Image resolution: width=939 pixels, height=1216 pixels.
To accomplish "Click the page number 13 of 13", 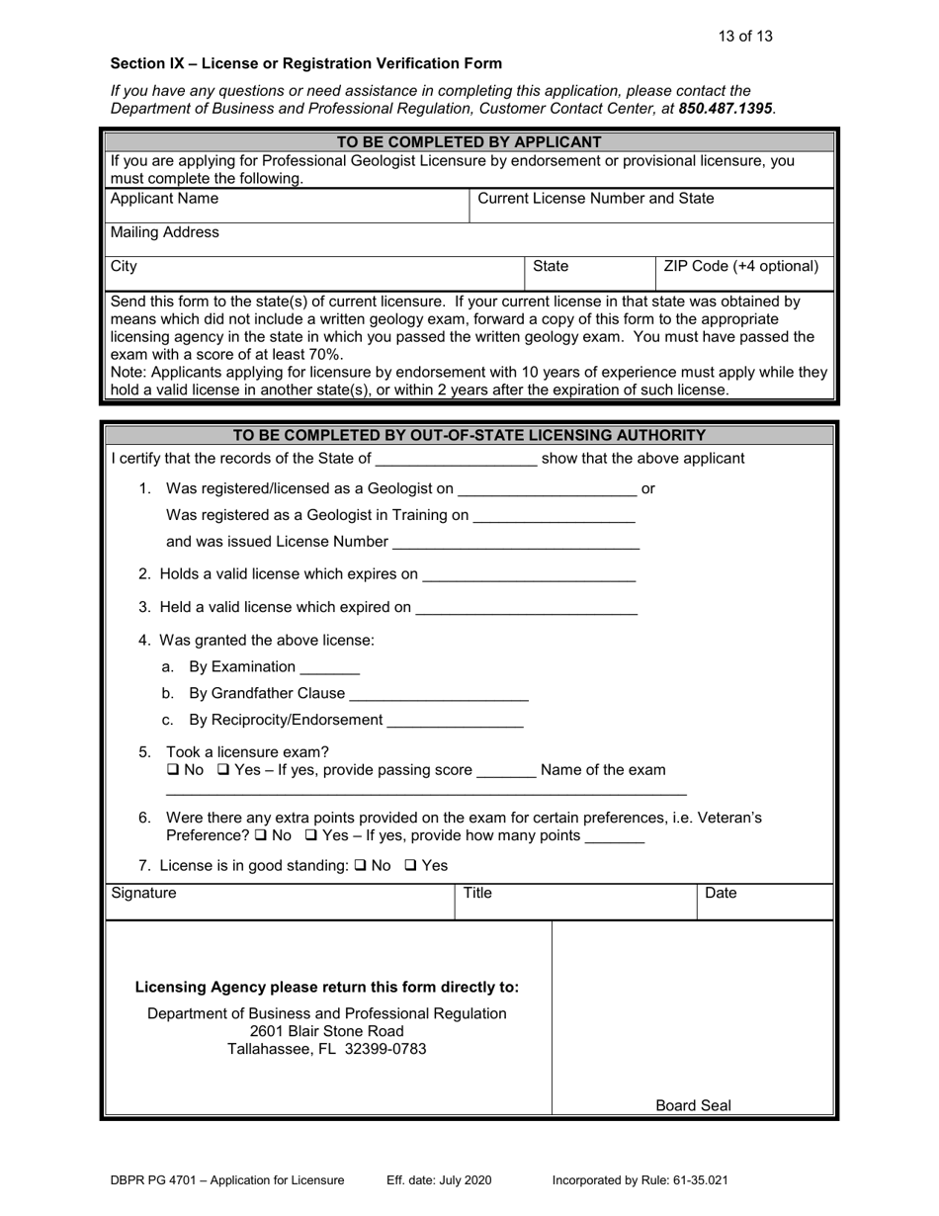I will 745,37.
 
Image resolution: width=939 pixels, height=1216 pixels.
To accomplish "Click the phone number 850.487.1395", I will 725,108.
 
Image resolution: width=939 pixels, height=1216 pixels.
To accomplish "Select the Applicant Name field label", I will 165,199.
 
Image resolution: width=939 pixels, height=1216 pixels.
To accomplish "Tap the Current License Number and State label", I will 595,199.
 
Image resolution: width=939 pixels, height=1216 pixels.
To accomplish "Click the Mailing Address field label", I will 165,233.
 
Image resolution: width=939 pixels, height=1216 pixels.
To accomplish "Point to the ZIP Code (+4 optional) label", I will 741,267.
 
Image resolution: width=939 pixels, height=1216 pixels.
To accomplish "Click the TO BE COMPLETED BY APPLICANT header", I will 469,142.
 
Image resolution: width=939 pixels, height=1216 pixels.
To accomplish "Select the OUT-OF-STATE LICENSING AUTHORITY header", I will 469,436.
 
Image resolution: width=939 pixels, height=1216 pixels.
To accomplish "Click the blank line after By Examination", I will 329,668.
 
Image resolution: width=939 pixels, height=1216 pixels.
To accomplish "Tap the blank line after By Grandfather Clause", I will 439,695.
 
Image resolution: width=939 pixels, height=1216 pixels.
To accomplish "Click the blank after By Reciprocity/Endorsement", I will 455,722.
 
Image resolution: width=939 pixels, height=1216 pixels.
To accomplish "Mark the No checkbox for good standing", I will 360,866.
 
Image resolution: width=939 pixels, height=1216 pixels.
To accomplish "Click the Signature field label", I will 144,894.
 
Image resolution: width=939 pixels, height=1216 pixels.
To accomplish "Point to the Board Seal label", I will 693,1106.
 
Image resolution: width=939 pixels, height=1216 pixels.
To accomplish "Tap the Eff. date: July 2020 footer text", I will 439,1180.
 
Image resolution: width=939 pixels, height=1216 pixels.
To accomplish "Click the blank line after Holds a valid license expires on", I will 528,575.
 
